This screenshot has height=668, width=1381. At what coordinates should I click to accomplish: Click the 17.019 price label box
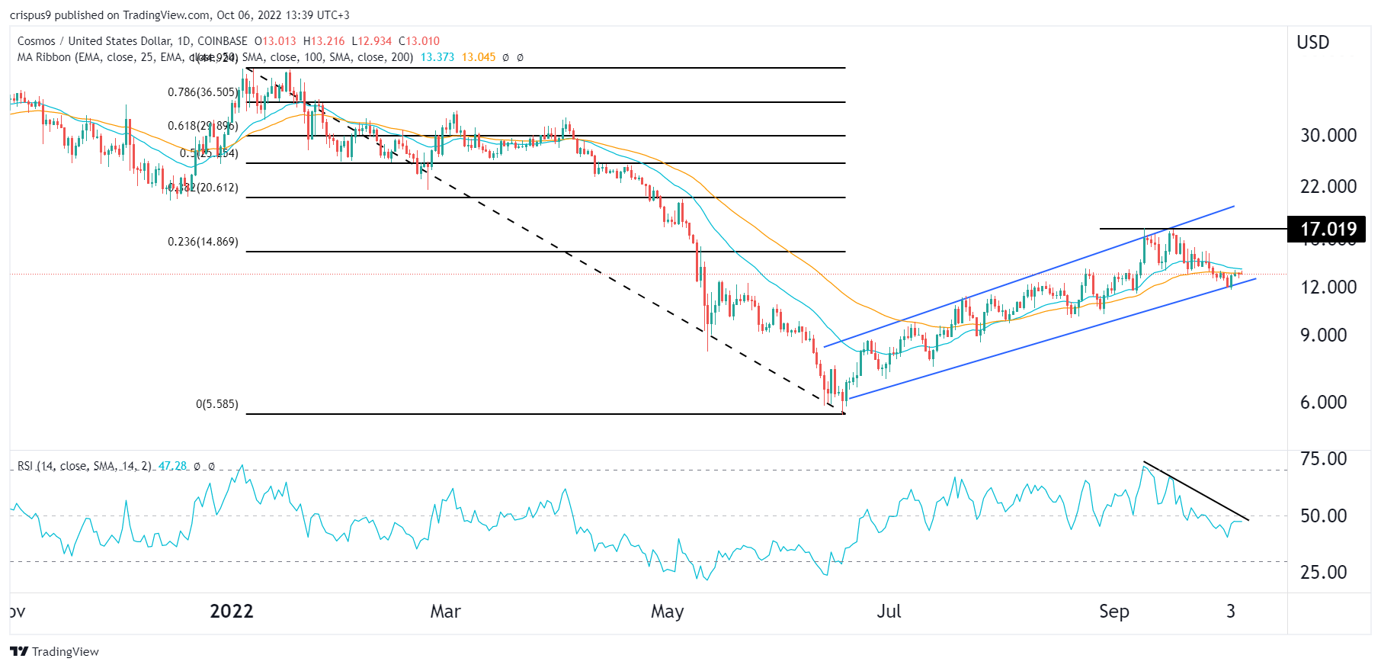pyautogui.click(x=1327, y=229)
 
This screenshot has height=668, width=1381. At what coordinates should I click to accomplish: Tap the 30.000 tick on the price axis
pyautogui.click(x=1328, y=136)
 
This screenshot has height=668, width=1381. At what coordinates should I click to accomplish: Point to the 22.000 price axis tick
pyautogui.click(x=1328, y=187)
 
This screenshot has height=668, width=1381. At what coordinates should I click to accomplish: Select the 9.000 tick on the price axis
pyautogui.click(x=1323, y=336)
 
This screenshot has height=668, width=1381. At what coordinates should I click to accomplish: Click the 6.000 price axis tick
pyautogui.click(x=1323, y=403)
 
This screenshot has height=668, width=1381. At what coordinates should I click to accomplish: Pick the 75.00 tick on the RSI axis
pyautogui.click(x=1323, y=459)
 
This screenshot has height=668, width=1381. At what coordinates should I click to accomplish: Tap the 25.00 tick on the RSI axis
pyautogui.click(x=1323, y=573)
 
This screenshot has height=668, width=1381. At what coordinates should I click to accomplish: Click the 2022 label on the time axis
pyautogui.click(x=231, y=612)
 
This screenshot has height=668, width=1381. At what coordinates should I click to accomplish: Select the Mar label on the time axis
pyautogui.click(x=445, y=612)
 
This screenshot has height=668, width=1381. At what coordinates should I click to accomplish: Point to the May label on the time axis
pyautogui.click(x=667, y=612)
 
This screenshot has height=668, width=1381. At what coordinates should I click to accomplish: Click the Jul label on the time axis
pyautogui.click(x=889, y=612)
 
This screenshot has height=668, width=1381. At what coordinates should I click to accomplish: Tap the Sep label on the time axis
pyautogui.click(x=1113, y=612)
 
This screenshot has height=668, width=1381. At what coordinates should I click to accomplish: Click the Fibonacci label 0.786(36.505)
pyautogui.click(x=203, y=92)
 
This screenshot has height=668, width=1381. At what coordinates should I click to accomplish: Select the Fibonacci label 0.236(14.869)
pyautogui.click(x=203, y=242)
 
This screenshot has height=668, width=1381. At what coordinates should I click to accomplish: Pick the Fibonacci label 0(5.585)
pyautogui.click(x=216, y=404)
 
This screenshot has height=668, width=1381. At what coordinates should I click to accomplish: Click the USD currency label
pyautogui.click(x=1312, y=43)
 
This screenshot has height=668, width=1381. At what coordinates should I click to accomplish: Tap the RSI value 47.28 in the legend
pyautogui.click(x=172, y=466)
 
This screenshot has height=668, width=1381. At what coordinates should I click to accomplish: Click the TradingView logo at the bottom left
pyautogui.click(x=55, y=651)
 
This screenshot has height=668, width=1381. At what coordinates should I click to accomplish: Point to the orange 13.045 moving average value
pyautogui.click(x=478, y=57)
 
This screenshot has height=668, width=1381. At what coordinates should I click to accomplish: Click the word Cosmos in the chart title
pyautogui.click(x=36, y=41)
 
